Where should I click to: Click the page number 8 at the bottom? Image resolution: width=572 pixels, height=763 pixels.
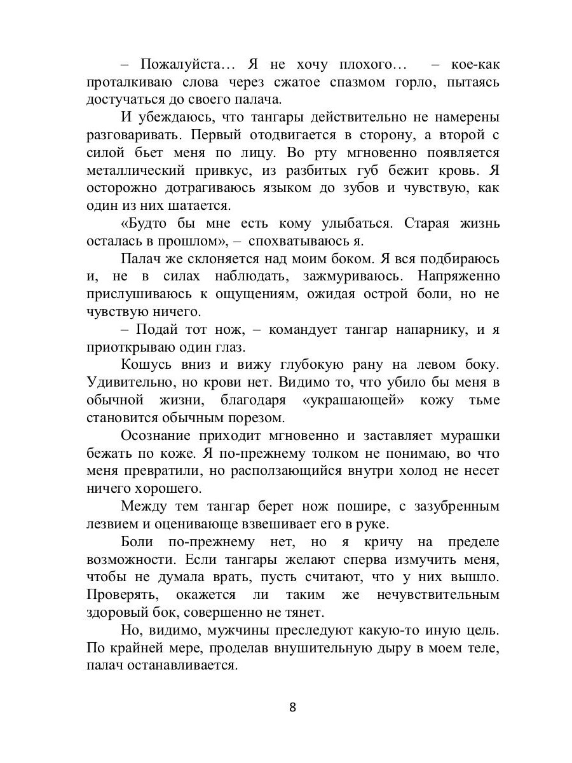click(x=293, y=708)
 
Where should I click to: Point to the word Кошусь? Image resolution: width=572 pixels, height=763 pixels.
click(x=149, y=366)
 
